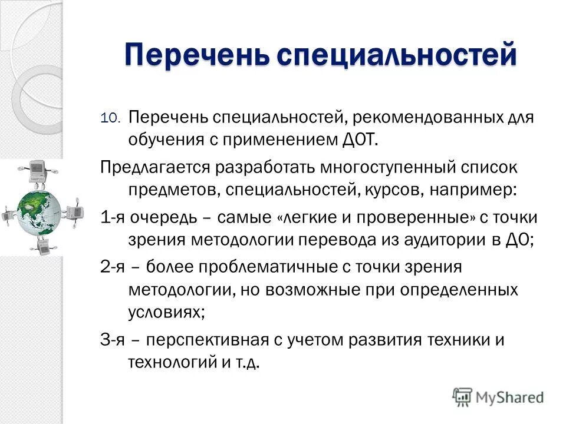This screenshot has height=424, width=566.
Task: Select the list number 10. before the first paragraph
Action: pyautogui.click(x=110, y=118)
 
